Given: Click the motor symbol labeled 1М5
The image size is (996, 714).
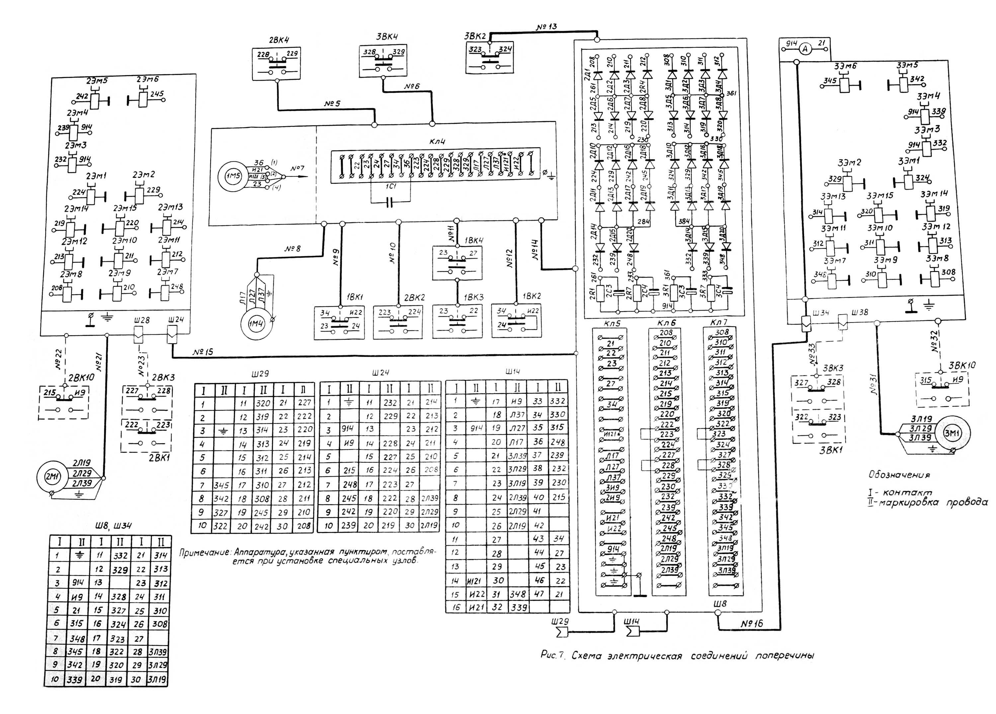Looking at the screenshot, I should point(233,177).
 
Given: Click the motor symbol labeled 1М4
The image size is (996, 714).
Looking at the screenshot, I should point(256,324).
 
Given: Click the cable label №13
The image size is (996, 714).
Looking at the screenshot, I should point(546,27).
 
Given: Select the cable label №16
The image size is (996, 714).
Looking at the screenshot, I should point(752,623).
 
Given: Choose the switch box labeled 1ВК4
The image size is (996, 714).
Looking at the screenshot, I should point(457,263).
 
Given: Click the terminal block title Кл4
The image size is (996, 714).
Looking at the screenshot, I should point(437,141).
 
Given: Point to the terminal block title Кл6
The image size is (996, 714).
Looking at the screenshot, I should point(666,323).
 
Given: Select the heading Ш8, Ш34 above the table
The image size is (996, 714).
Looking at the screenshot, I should point(113,525).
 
